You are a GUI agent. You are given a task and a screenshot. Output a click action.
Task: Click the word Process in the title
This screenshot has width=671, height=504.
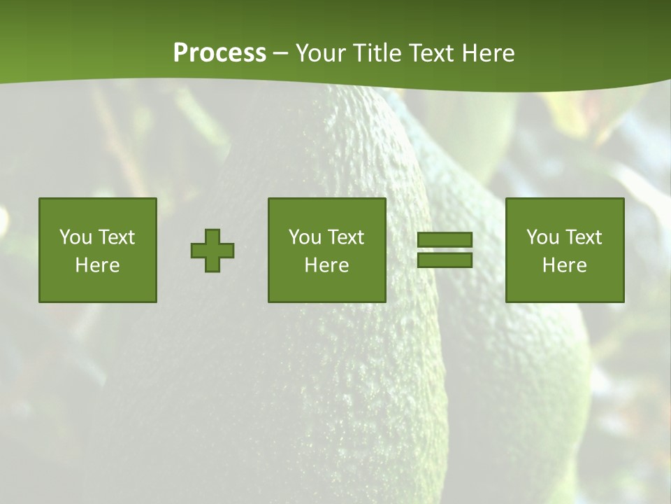tap(219, 53)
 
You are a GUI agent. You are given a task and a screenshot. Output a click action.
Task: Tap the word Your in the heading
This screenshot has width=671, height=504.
tap(319, 53)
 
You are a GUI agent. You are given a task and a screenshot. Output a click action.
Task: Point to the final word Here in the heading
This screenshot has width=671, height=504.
tap(489, 53)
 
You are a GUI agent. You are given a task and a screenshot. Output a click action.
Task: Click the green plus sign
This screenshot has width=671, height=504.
tap(212, 251)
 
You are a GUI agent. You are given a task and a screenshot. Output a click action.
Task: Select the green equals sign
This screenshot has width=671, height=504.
tap(445, 250)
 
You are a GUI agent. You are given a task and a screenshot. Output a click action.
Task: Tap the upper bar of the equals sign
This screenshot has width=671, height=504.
tap(445, 240)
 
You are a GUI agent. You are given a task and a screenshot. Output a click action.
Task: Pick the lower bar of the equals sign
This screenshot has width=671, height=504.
tap(445, 260)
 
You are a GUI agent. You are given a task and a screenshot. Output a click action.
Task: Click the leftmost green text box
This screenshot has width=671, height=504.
tap(98, 251)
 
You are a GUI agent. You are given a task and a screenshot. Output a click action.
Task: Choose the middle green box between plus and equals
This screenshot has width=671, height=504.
tap(326, 251)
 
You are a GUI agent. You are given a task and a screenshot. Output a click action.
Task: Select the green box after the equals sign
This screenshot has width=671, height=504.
tap(564, 251)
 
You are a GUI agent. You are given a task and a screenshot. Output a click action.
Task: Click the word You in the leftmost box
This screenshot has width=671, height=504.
tap(75, 237)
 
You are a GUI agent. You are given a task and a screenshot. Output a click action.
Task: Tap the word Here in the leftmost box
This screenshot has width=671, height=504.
tap(97, 265)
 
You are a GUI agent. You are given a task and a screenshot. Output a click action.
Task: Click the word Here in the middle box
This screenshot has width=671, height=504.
tap(326, 265)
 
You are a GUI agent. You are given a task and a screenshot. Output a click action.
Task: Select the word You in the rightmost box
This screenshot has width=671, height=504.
tap(542, 237)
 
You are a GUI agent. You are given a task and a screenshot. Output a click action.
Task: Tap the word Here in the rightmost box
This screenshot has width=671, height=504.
tap(564, 265)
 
